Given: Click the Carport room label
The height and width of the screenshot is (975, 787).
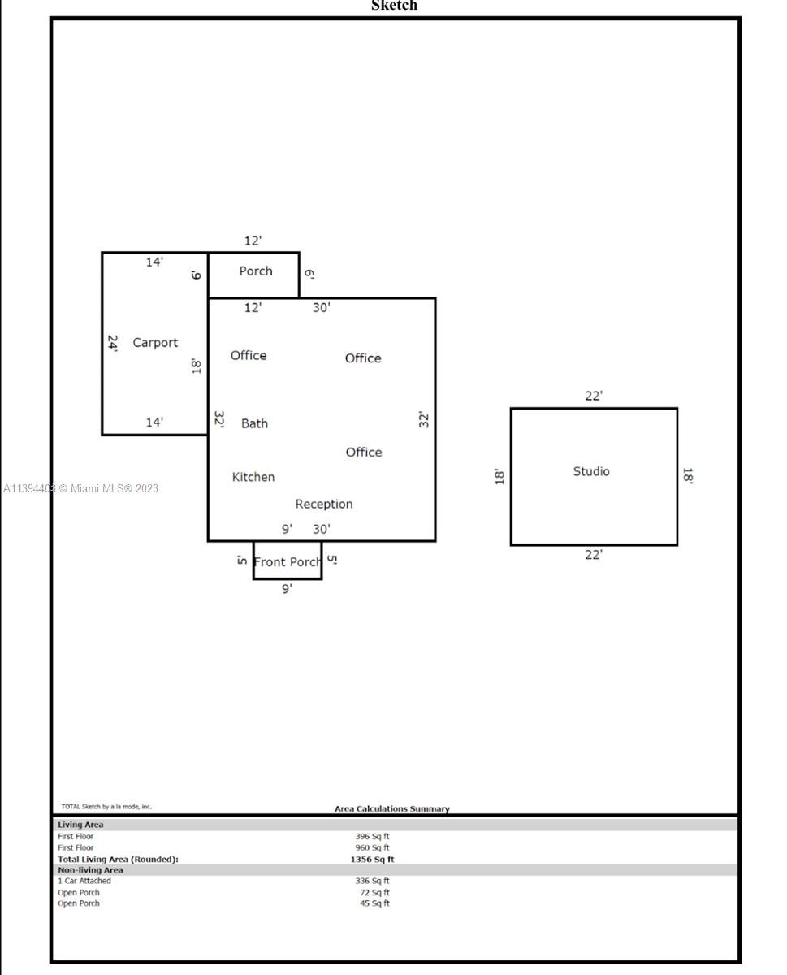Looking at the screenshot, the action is (154, 343).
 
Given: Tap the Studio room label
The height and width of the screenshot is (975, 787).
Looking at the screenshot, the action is (590, 471).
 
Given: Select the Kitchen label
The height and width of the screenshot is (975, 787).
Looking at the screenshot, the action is (253, 477).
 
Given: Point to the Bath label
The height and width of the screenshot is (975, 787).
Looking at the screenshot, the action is (254, 423).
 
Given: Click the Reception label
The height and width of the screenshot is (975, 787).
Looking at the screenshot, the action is (323, 504).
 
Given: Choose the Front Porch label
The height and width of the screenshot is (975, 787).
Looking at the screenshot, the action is (287, 562).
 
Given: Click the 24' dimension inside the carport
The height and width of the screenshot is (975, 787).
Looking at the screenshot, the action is (113, 344).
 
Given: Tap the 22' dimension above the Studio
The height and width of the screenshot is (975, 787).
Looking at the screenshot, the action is (594, 396).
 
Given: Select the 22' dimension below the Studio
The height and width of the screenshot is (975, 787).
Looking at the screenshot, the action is (594, 555).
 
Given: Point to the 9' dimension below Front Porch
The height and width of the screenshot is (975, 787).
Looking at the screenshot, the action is (287, 589).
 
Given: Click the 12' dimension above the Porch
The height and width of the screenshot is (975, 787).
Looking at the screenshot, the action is (253, 240).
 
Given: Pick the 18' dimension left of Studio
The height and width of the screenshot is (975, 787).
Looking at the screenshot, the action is (499, 476).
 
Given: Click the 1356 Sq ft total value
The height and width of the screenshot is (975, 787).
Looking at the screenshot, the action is (372, 859).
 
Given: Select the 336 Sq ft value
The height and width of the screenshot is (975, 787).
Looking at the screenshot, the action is (372, 881).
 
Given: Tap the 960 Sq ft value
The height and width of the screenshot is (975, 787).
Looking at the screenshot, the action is (372, 847).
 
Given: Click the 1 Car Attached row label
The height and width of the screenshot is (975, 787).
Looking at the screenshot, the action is (84, 881).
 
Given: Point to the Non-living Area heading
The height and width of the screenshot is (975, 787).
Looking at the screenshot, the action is (90, 869).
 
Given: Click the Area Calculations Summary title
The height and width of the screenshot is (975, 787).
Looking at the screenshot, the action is (392, 808).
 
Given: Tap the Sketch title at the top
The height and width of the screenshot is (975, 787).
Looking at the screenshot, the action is (394, 6).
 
